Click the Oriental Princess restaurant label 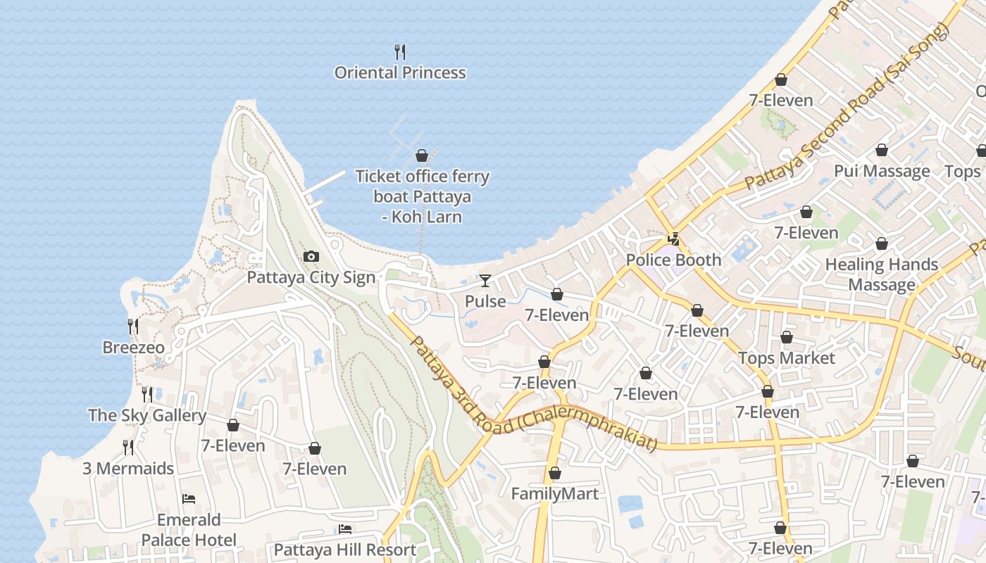click(x=400, y=72)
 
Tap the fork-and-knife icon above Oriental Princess click(x=400, y=51)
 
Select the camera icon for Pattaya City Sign click(x=311, y=257)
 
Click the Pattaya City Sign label click(x=311, y=277)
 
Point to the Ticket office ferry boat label click(x=422, y=196)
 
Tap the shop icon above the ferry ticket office click(x=422, y=156)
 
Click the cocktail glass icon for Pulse click(x=485, y=281)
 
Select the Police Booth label click(x=674, y=260)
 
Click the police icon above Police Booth click(x=674, y=239)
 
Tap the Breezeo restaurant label click(x=133, y=348)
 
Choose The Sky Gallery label click(x=147, y=415)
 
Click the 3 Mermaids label click(x=128, y=469)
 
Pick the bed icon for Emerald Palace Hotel click(x=189, y=499)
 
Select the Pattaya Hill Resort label click(x=345, y=550)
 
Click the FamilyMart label click(x=555, y=493)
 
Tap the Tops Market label click(x=787, y=358)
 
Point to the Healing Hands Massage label click(x=882, y=274)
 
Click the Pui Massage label click(x=882, y=171)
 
